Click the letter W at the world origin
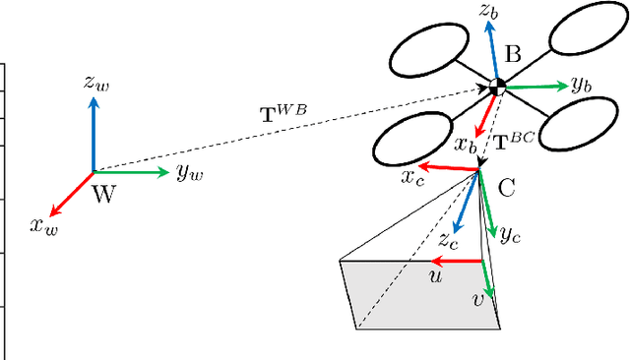(x=103, y=193)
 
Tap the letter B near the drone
(x=512, y=55)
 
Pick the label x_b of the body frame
(x=466, y=145)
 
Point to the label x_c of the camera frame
(x=411, y=176)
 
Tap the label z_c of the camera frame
(x=448, y=240)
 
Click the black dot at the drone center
(x=498, y=88)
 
